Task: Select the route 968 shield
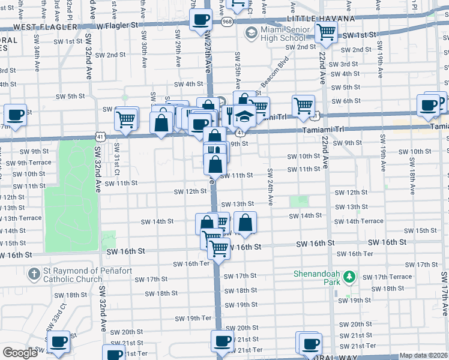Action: coord(227,22)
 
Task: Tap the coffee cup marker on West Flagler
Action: coord(200,20)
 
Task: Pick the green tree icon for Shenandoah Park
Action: coord(349,278)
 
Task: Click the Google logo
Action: coord(20,353)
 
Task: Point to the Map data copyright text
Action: coord(424,355)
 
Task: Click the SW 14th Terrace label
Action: coord(358,221)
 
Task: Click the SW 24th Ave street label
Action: coord(270,187)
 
